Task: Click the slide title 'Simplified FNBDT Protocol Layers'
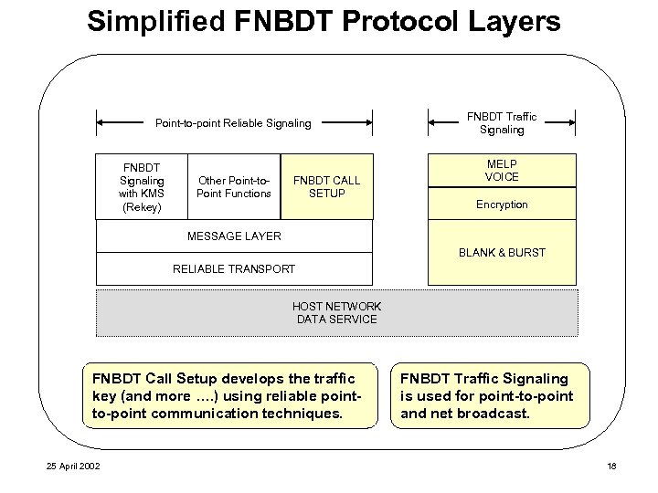click(324, 21)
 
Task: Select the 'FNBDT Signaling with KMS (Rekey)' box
click(141, 187)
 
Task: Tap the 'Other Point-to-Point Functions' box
click(234, 187)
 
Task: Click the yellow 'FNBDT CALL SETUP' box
click(326, 187)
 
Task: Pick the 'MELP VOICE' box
click(502, 170)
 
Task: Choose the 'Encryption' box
click(502, 205)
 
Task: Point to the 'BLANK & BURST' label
click(502, 252)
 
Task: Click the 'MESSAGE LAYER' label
click(234, 236)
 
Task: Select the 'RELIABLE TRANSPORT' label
click(234, 268)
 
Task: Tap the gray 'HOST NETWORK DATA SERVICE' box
click(336, 313)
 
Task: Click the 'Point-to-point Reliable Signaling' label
click(233, 122)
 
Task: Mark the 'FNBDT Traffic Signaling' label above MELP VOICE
click(502, 123)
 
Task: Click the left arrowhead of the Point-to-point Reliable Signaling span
click(101, 122)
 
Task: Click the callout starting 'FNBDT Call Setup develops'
click(228, 395)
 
